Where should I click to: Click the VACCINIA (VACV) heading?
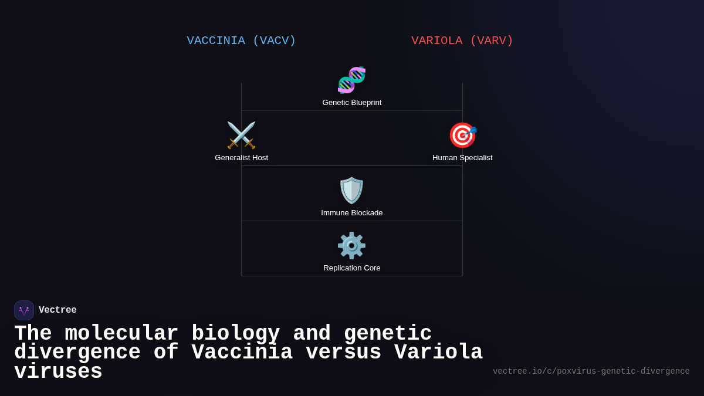click(241, 40)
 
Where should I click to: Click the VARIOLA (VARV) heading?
click(462, 40)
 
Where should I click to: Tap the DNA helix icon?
click(351, 80)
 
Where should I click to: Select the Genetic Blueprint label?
click(352, 103)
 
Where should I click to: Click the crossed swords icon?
click(241, 135)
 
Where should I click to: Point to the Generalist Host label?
click(241, 158)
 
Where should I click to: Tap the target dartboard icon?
click(462, 135)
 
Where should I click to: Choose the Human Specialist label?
click(462, 158)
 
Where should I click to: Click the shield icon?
click(351, 190)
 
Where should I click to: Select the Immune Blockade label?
click(352, 213)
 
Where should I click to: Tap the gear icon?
click(351, 245)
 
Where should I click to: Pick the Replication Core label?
click(352, 268)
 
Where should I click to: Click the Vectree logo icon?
click(24, 310)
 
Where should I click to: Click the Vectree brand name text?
click(57, 310)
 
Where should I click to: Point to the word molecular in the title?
click(121, 334)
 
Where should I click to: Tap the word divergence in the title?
click(77, 353)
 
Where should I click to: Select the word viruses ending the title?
click(58, 372)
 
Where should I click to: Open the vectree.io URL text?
click(591, 371)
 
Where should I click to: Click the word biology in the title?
click(235, 334)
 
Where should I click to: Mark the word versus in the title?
click(343, 353)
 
